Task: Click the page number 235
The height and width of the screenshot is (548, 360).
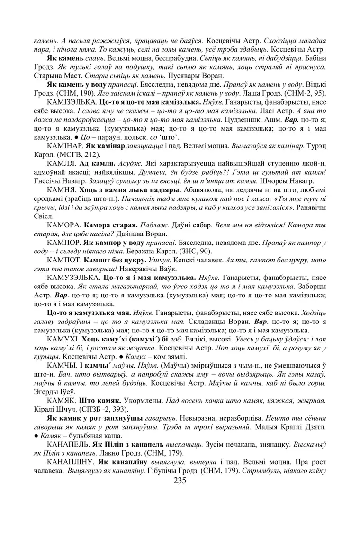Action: [180, 480]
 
